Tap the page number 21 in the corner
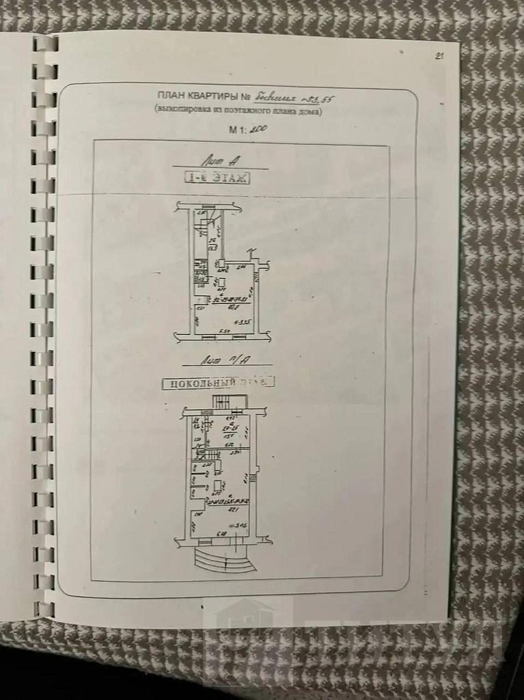coord(439,57)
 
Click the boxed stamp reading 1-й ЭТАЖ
coord(218,178)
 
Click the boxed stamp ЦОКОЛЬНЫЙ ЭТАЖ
coord(218,382)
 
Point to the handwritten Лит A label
coord(218,161)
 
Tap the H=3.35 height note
coord(243,323)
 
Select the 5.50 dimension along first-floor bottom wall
coord(223,332)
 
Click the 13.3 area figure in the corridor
coord(212,248)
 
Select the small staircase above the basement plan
coord(223,403)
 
